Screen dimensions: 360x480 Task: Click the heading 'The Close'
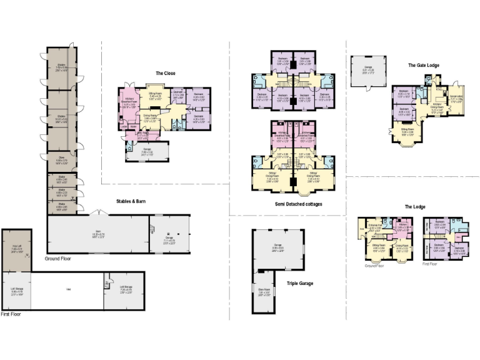click(166, 74)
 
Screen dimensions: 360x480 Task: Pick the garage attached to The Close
click(147, 152)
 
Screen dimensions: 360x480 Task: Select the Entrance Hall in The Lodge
click(376, 228)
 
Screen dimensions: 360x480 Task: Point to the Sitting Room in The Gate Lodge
click(407, 132)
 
